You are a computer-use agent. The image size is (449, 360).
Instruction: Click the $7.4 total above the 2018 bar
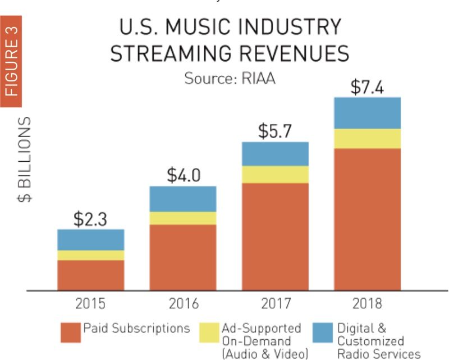(367, 88)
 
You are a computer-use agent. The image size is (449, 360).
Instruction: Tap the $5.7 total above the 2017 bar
(275, 132)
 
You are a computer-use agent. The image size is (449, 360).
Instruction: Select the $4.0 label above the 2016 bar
(183, 176)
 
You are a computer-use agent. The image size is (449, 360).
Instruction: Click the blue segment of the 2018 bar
(367, 113)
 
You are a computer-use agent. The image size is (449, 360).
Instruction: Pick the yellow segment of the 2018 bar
(367, 138)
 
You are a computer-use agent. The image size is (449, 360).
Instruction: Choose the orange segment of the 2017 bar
(275, 236)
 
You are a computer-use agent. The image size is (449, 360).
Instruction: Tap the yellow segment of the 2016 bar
(183, 218)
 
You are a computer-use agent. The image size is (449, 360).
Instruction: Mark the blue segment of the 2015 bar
(90, 240)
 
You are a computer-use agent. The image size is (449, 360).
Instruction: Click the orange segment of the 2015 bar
(90, 275)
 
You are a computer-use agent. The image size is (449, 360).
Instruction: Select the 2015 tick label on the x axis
(90, 304)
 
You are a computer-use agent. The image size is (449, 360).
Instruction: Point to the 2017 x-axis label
(275, 304)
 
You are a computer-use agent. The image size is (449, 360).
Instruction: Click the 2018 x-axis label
(367, 304)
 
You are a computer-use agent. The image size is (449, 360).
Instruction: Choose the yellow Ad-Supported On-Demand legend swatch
(208, 333)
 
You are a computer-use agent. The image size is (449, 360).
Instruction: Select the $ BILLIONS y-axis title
(25, 160)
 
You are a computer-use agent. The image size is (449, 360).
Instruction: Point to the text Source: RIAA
(230, 78)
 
